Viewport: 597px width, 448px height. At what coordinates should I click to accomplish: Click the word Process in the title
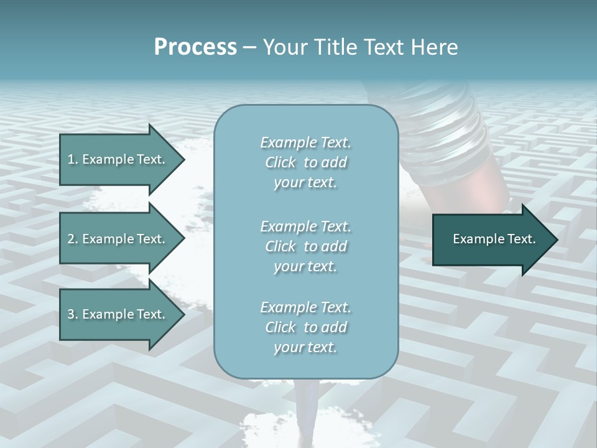[195, 47]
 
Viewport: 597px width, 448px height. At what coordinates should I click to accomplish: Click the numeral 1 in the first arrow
[71, 159]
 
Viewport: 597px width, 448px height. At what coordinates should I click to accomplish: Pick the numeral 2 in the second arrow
[71, 239]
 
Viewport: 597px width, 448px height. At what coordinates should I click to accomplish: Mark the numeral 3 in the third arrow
[71, 314]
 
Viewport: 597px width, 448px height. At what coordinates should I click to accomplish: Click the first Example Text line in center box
[305, 142]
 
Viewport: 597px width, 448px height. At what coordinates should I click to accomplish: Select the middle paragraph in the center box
[305, 246]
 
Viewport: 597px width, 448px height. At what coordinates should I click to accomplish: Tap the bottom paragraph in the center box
[305, 327]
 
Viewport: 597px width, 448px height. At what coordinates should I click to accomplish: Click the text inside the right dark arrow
[494, 239]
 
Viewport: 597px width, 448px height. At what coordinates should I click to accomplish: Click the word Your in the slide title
[284, 47]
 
